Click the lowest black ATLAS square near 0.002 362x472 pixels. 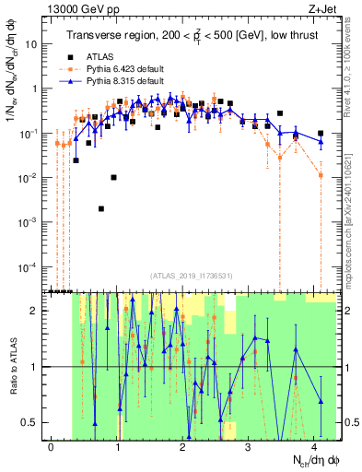click(101, 209)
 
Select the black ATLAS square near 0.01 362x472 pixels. click(113, 177)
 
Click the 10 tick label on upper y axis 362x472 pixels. click(30, 44)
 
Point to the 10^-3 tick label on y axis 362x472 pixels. click(28, 222)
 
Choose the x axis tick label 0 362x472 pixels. click(52, 446)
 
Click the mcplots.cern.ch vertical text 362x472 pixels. click(353, 221)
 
